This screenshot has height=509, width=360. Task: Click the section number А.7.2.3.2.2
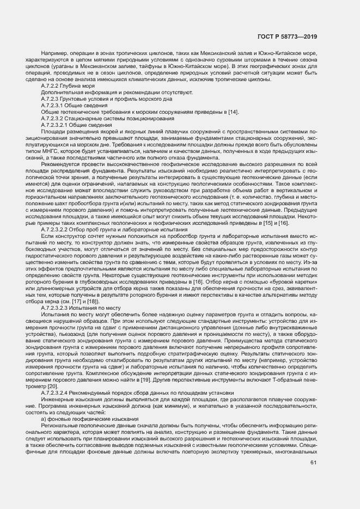coord(58,230)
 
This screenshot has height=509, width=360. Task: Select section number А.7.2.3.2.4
coord(58,392)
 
